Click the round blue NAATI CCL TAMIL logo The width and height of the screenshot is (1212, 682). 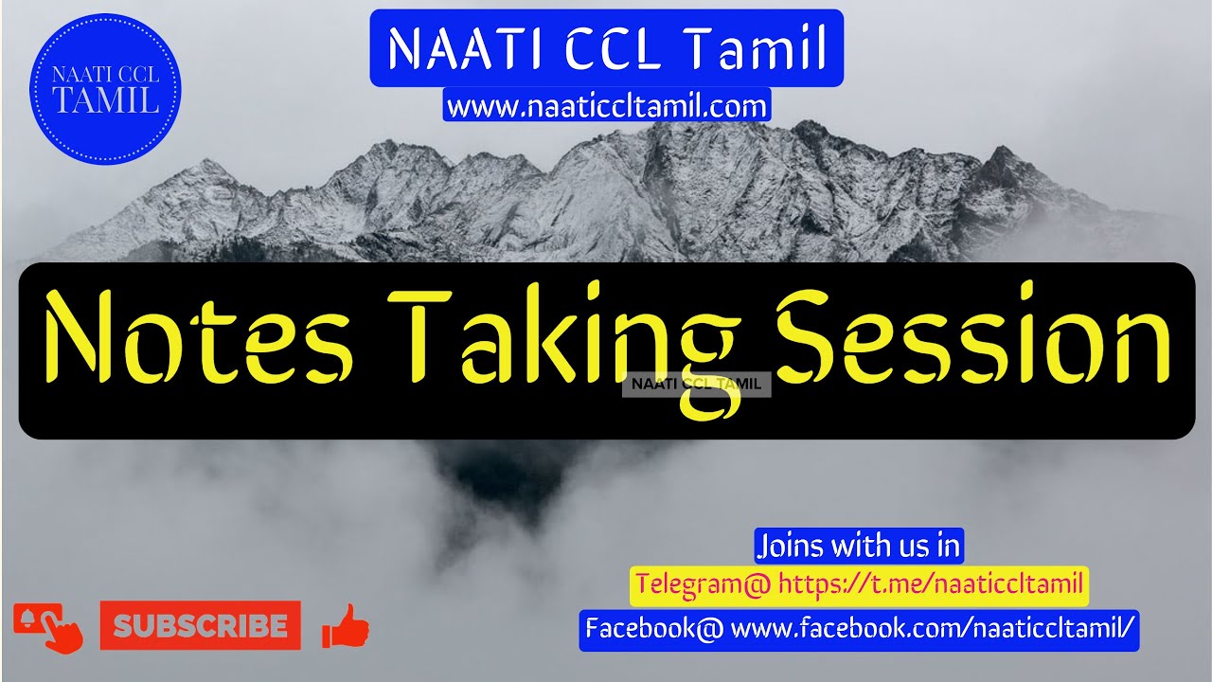[104, 90]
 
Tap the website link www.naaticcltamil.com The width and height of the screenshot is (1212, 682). [606, 106]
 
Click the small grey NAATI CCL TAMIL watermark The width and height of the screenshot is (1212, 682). [696, 384]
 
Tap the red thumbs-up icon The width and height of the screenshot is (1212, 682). [345, 626]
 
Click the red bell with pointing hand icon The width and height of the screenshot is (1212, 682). [48, 627]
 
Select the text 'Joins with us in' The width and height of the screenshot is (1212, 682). [858, 546]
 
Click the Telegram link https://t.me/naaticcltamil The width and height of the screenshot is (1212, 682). [930, 583]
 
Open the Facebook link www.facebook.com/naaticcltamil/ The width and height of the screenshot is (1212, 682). [933, 628]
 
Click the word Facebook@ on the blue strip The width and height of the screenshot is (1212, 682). [654, 628]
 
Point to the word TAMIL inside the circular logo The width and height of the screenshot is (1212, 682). [104, 101]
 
